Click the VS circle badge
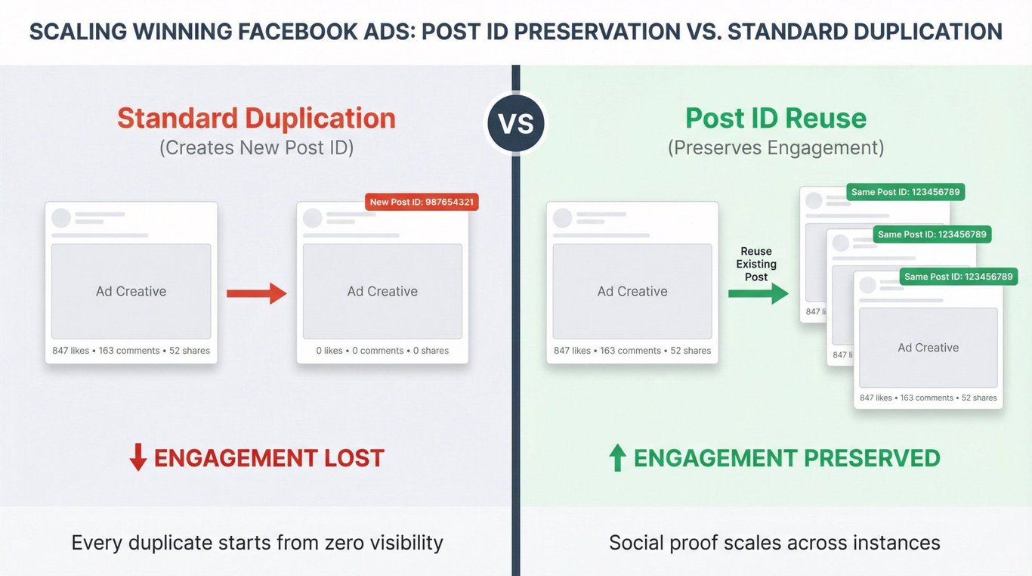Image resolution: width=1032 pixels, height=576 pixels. click(516, 123)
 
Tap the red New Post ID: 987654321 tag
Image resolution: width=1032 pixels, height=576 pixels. click(422, 202)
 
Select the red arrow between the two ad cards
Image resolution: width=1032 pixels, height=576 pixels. click(257, 293)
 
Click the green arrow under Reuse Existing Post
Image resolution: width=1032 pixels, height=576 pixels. click(759, 293)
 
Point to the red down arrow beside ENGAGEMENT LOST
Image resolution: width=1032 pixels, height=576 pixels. click(138, 457)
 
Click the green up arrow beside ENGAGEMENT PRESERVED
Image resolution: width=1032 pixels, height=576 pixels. click(617, 457)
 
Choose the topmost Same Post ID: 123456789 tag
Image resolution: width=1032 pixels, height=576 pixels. click(905, 192)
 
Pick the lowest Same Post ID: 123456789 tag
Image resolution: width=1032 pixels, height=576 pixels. click(958, 277)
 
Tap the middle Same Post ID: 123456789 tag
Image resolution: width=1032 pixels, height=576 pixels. click(932, 234)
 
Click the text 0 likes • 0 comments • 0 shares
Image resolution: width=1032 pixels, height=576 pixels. click(382, 351)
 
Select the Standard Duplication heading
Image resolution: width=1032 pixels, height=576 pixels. click(256, 118)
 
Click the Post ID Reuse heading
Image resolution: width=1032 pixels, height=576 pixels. click(776, 118)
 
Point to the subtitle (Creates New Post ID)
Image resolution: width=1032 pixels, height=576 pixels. click(257, 148)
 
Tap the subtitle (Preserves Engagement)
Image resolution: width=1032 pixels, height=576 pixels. click(776, 148)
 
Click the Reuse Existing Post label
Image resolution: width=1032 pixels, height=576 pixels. click(756, 264)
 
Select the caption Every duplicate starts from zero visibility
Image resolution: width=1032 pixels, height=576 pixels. click(257, 543)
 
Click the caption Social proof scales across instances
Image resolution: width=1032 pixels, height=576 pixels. click(774, 543)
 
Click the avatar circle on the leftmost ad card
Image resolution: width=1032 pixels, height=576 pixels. click(60, 218)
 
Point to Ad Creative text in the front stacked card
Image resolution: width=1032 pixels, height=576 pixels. click(928, 348)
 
